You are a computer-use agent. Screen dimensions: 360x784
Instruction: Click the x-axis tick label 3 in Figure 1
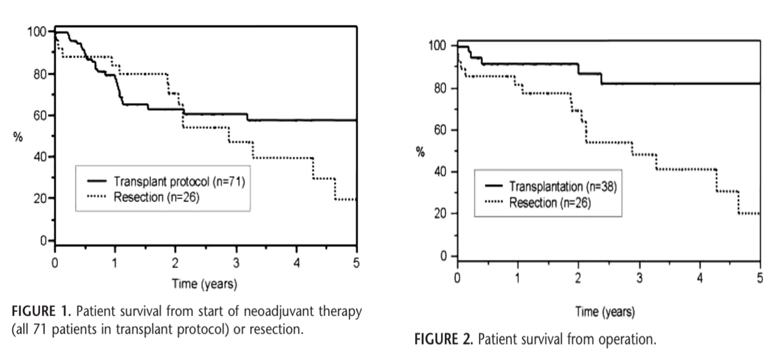236,261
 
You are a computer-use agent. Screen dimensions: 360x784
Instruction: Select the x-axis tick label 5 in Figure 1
357,261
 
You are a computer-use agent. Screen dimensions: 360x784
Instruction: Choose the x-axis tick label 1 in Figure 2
518,276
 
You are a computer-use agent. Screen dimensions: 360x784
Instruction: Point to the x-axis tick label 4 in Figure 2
700,276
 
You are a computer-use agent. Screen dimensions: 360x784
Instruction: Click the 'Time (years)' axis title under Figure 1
205,285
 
